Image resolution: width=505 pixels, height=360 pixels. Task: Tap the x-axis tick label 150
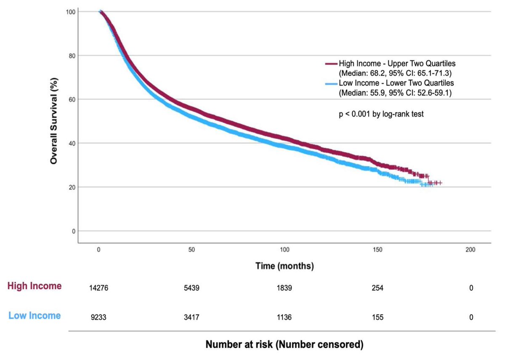(x=377, y=250)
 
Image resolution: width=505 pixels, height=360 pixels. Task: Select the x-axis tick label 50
(x=191, y=250)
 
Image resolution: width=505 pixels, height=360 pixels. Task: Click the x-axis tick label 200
(x=470, y=250)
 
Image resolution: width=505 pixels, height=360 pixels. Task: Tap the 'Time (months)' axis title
(x=284, y=266)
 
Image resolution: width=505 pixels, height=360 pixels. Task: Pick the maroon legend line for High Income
(x=331, y=64)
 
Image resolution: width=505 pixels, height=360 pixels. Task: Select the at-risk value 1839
(x=284, y=288)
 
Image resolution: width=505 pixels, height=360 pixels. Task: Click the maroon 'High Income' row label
(x=35, y=286)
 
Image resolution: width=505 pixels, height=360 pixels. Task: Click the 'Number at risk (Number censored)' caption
(x=284, y=345)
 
